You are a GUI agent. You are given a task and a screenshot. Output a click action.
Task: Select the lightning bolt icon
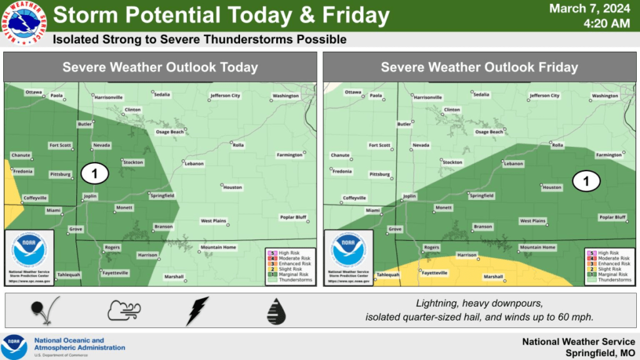[x=197, y=311]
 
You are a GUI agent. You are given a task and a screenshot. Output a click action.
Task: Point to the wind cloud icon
[x=124, y=311]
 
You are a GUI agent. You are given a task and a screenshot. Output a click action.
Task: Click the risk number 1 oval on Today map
[x=96, y=174]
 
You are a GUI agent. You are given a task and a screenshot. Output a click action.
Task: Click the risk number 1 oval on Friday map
[x=586, y=181]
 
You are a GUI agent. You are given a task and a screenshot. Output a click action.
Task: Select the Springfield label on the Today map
[x=162, y=196]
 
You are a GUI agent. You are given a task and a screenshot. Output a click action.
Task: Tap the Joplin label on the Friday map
[x=409, y=196]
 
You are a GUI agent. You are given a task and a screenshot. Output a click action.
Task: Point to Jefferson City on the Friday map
[x=544, y=96]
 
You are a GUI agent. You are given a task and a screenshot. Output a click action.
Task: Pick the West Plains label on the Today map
[x=213, y=221]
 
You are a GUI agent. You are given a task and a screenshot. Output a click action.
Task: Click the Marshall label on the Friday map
[x=494, y=276]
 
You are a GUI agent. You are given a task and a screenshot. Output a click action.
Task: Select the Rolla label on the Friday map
[x=557, y=145]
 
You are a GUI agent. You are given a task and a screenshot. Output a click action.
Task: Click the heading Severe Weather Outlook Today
[x=160, y=67]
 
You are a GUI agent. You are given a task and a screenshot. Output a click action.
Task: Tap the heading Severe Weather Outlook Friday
[x=479, y=67]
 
